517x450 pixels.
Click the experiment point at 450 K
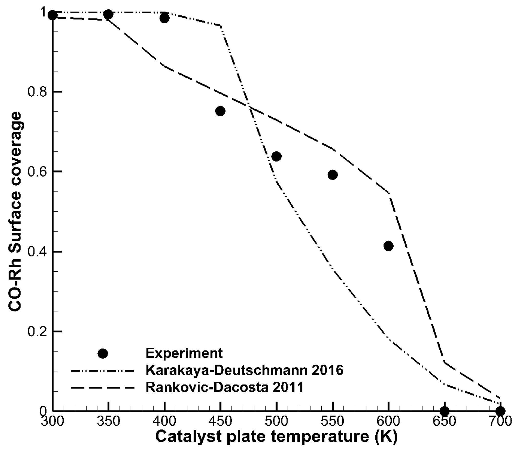tap(220, 111)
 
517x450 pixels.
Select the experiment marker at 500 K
tap(276, 156)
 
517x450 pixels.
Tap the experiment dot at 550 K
tap(332, 175)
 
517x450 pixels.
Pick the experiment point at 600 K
tap(388, 246)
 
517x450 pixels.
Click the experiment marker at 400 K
tap(164, 18)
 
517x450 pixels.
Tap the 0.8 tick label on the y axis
tap(37, 92)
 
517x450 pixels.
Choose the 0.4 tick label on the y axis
tap(37, 252)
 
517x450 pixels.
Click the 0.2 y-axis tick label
tap(37, 332)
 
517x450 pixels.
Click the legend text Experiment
tap(184, 353)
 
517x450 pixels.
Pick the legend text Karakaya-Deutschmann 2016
tap(244, 370)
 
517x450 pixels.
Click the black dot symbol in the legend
tap(103, 354)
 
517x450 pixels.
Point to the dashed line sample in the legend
tap(102, 387)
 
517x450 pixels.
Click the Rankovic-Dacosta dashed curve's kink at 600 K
tap(389, 193)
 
